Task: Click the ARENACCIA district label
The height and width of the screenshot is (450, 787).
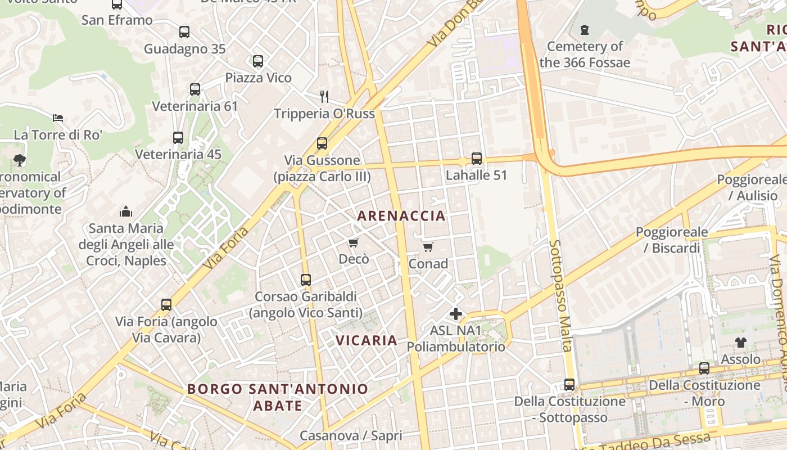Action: pos(401,215)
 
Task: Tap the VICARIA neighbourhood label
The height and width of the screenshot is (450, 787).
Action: pos(367,340)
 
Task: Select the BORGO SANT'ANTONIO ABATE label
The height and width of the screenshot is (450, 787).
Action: pos(278,397)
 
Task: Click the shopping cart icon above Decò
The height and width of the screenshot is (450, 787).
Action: pos(353,243)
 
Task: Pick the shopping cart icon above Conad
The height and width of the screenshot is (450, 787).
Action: pos(428,247)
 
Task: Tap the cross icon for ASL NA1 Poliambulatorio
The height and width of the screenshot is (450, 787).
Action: pos(456,314)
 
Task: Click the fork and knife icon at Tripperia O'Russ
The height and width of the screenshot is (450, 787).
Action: pos(324,96)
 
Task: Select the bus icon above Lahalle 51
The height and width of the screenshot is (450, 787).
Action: pos(476,159)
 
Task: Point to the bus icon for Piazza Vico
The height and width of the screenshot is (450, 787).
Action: pos(258,61)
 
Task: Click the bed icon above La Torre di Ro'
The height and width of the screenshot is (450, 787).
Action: pos(58,118)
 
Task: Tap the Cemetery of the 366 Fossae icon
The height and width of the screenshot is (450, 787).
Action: pos(585,29)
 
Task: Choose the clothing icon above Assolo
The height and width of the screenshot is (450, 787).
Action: pos(740,342)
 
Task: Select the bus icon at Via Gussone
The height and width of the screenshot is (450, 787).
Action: pos(322,143)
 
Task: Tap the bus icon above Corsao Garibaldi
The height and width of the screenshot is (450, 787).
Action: pos(306,280)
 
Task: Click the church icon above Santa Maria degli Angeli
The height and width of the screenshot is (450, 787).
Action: pos(126,211)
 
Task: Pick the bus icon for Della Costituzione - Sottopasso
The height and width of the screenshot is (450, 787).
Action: pos(569,385)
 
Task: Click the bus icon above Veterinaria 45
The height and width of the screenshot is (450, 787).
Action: pos(178,137)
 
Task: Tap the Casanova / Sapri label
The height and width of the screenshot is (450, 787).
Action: pos(351,435)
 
